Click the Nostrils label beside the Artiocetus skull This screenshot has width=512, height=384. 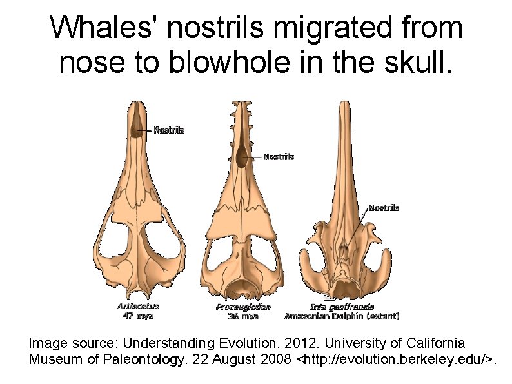tap(169, 130)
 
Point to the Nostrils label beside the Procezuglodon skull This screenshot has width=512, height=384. tap(279, 156)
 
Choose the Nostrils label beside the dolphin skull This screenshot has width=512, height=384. tap(383, 208)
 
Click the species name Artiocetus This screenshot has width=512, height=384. tap(138, 307)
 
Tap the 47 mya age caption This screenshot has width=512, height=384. tap(138, 316)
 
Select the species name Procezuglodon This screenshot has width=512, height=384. tap(243, 307)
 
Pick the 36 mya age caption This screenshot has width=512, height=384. tap(243, 316)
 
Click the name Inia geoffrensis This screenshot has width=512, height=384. tap(342, 307)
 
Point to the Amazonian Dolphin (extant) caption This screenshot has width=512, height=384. tap(342, 316)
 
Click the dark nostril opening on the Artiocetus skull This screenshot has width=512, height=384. tap(137, 126)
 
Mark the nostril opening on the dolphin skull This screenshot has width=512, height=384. tap(344, 248)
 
